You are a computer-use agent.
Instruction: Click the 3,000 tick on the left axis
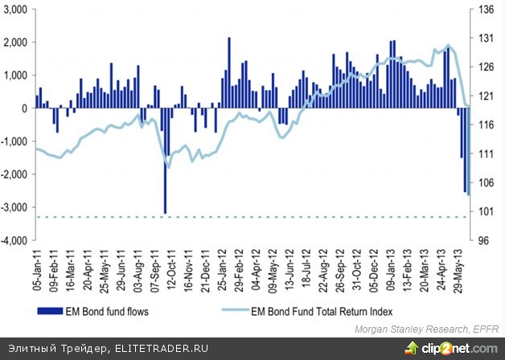point(15,9)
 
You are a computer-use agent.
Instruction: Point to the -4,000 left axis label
point(15,240)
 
